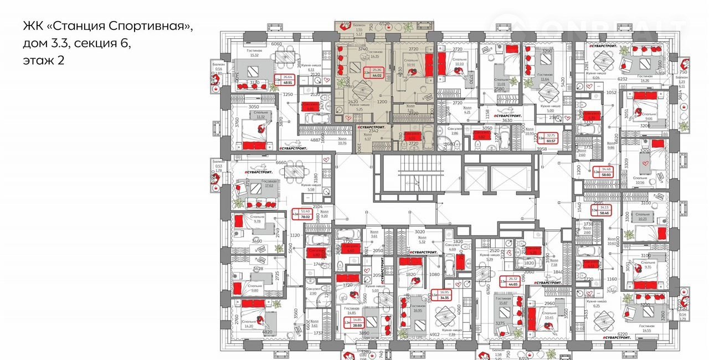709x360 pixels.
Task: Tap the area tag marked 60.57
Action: click(x=550, y=137)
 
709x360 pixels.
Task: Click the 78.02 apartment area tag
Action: click(x=305, y=214)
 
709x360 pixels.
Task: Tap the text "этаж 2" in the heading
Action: click(x=44, y=60)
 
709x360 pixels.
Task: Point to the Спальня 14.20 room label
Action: click(x=248, y=324)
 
